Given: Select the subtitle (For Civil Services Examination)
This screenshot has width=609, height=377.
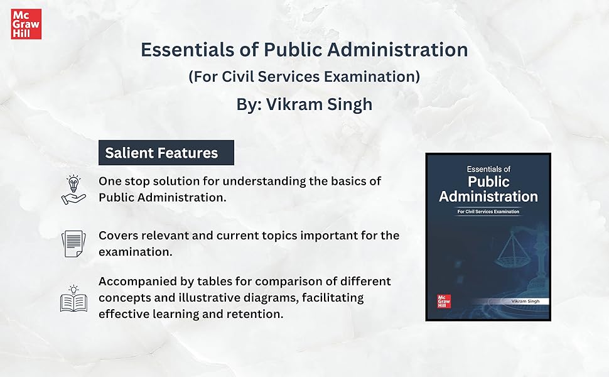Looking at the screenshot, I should pyautogui.click(x=304, y=77).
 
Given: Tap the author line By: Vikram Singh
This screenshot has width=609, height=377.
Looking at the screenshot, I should pyautogui.click(x=304, y=104).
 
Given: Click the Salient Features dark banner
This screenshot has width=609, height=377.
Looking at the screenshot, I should pyautogui.click(x=166, y=153).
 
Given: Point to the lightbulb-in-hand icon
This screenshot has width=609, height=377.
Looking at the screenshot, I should pyautogui.click(x=73, y=189).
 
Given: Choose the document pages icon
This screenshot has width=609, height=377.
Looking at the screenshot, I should pyautogui.click(x=73, y=243).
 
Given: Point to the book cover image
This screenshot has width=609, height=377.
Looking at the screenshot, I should pyautogui.click(x=488, y=237).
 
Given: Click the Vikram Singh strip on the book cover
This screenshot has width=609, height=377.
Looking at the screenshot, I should pyautogui.click(x=509, y=302).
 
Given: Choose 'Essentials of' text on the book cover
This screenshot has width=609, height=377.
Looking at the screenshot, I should pyautogui.click(x=488, y=168).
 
